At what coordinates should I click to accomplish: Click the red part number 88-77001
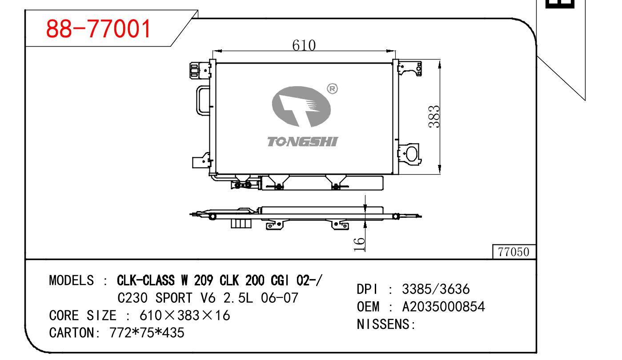pos(98,28)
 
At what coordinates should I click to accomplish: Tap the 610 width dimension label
pos(304,45)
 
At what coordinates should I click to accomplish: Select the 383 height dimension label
pos(434,116)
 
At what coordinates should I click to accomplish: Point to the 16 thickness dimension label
pos(360,244)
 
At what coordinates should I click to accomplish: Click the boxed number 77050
pos(514,252)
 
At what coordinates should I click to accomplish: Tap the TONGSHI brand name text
pos(302,142)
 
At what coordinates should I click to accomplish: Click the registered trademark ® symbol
pos(333,89)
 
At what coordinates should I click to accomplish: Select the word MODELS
pos(72,280)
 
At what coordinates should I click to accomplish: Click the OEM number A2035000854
pos(443,307)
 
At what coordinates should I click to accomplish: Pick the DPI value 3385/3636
pos(436,289)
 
